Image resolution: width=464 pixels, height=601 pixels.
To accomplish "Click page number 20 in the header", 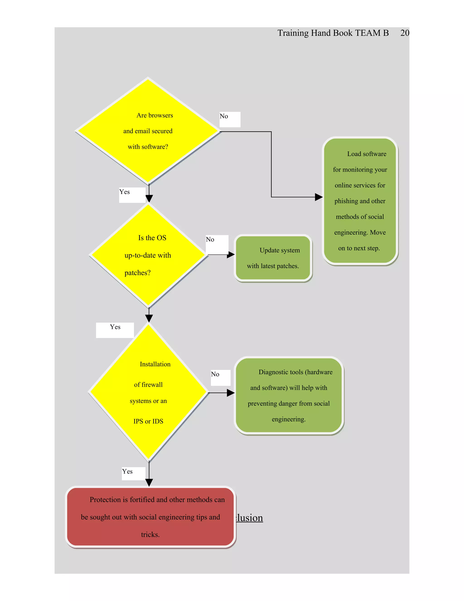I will (404, 33).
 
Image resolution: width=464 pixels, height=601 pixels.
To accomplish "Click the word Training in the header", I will (293, 33).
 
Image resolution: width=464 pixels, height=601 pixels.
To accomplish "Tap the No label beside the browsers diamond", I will (224, 116).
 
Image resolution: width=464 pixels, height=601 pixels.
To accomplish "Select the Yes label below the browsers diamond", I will (125, 192).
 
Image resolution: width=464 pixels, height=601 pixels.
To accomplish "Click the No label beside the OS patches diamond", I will (210, 240).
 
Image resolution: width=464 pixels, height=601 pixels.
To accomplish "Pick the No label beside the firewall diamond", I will (215, 374).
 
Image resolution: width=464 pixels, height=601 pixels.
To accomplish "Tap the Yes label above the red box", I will (127, 472).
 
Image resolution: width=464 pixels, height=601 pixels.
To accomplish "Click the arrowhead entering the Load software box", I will (319, 197).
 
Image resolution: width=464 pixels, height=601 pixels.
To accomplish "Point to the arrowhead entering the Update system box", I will (231, 255).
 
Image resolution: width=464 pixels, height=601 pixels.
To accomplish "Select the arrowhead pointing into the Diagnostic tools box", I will (231, 393).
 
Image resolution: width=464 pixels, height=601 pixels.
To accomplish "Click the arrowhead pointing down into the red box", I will (149, 482).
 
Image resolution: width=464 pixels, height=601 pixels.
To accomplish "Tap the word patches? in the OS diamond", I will (138, 273).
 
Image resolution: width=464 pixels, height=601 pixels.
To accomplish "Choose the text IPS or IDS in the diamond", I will (148, 422).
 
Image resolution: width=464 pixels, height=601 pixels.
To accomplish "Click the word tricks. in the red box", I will (150, 535).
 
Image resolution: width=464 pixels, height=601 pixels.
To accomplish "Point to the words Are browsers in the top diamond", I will (155, 116).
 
